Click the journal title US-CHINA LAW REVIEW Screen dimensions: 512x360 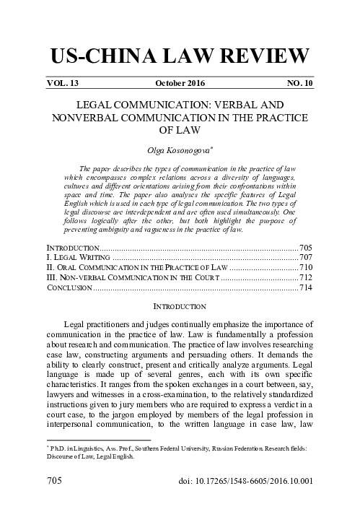[180, 56]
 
